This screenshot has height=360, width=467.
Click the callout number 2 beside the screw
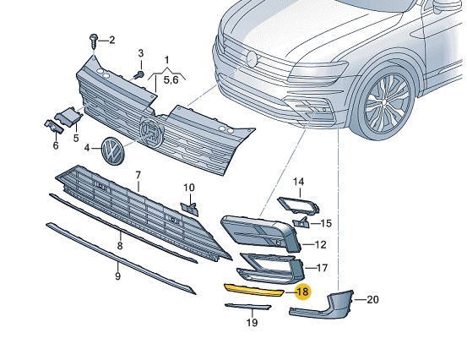(111, 40)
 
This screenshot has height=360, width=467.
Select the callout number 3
(141, 53)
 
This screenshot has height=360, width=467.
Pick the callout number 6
(56, 145)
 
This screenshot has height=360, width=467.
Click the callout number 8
(119, 245)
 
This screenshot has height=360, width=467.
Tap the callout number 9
(117, 275)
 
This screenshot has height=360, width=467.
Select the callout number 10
(189, 188)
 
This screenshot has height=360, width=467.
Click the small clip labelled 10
(191, 208)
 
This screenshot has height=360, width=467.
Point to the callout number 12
(320, 245)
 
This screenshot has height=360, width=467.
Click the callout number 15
(327, 223)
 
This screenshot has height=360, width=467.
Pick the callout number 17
(322, 268)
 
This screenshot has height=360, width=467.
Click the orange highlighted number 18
(302, 292)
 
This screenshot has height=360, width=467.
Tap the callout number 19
(252, 323)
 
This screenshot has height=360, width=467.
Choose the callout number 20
(372, 299)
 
